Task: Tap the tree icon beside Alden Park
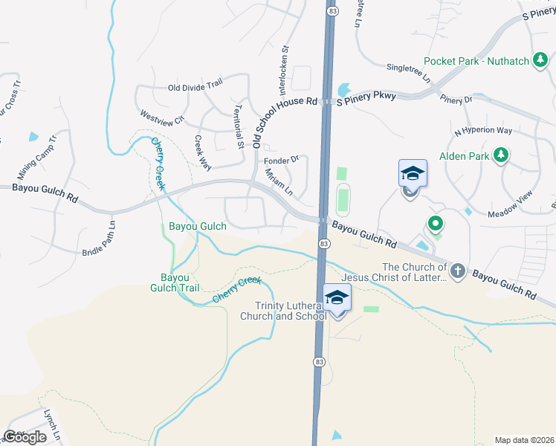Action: (502, 155)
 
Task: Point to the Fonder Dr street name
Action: (281, 159)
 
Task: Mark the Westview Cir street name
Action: (162, 122)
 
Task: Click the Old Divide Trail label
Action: (195, 88)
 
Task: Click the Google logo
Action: (25, 437)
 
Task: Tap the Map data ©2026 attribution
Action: (524, 439)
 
